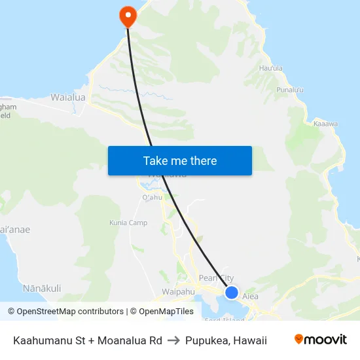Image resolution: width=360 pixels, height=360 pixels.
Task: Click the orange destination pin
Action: pos(127,16)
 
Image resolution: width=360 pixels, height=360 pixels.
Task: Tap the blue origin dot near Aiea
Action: pos(232,292)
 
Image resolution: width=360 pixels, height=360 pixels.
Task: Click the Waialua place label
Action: pos(68,98)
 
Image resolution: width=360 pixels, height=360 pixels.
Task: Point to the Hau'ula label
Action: pos(270,68)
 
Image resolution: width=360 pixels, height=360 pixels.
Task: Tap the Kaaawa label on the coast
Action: pos(325,123)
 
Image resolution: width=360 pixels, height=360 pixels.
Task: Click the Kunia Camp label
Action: pos(147,223)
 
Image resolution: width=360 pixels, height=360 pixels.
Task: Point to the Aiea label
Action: pos(251,297)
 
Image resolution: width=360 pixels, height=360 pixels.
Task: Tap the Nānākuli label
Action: pos(42,288)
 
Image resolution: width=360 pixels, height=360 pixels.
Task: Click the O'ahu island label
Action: pos(152,198)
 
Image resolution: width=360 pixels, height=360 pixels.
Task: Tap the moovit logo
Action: pos(320,340)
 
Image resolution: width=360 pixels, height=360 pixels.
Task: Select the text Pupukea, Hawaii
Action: pos(226,340)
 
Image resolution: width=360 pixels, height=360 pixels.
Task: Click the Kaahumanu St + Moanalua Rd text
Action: pos(88,340)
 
